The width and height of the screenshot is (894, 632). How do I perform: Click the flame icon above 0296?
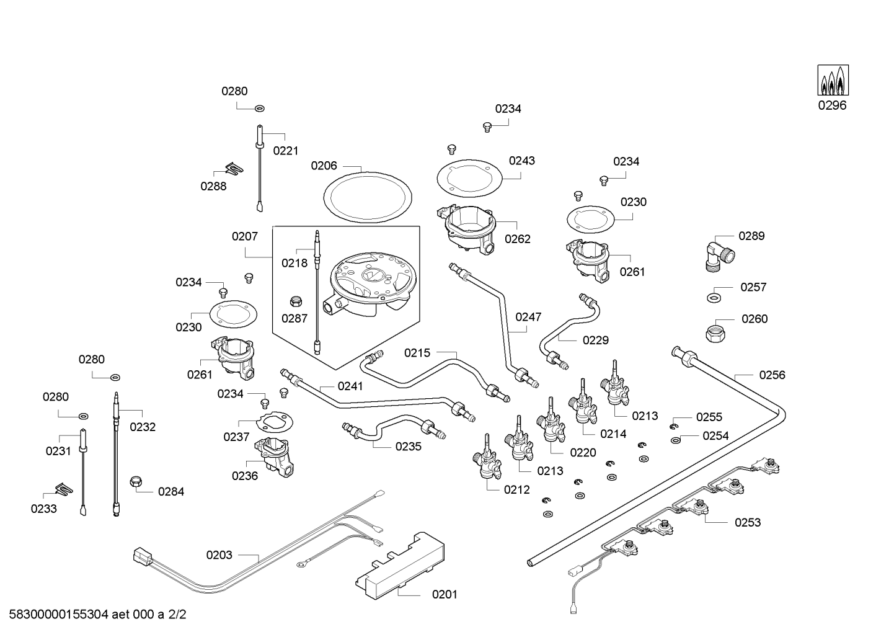833,81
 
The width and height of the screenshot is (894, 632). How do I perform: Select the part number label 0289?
751,236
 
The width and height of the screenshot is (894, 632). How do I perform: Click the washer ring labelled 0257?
715,298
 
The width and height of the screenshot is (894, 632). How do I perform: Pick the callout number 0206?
324,166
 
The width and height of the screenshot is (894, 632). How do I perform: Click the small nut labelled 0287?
296,301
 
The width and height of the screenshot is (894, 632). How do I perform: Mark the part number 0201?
445,594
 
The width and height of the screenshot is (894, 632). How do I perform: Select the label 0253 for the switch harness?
747,522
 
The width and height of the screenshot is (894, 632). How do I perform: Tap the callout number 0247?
528,316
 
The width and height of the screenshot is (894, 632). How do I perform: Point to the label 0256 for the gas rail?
772,375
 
